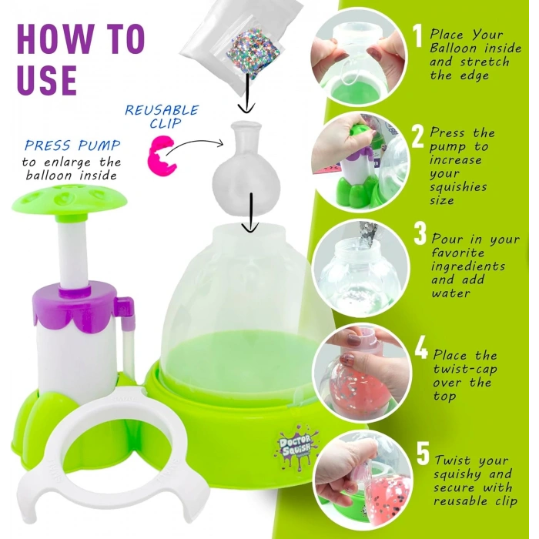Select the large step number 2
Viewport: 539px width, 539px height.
click(418, 137)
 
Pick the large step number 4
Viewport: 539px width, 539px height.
click(420, 347)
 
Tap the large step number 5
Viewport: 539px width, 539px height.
click(421, 453)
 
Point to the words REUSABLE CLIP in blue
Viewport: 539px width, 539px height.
click(162, 116)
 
